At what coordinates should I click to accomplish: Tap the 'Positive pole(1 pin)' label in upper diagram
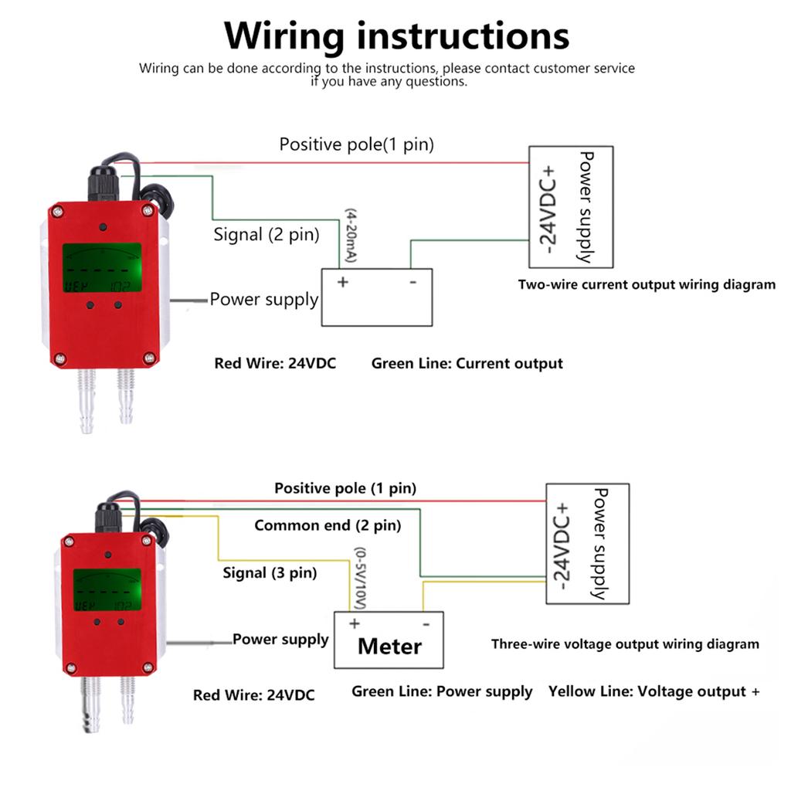coord(356,144)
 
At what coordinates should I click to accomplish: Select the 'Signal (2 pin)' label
coord(266,235)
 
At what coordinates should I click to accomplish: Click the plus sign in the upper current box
coord(342,282)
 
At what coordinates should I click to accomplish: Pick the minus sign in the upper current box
coord(412,282)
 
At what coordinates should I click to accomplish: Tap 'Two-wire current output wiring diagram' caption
coord(646,284)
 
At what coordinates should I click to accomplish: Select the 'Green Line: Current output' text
coord(467,363)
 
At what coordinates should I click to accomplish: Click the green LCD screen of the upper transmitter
coord(102,268)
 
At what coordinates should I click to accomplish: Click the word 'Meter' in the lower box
coord(389,647)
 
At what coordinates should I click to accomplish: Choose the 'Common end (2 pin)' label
coord(328,526)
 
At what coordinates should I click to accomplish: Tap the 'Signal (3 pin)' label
coord(270,573)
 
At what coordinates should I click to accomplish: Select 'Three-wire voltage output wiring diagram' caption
coord(625,644)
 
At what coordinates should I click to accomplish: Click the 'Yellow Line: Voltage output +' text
coord(654,691)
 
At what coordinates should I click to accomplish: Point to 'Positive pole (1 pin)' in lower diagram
coord(345,488)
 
